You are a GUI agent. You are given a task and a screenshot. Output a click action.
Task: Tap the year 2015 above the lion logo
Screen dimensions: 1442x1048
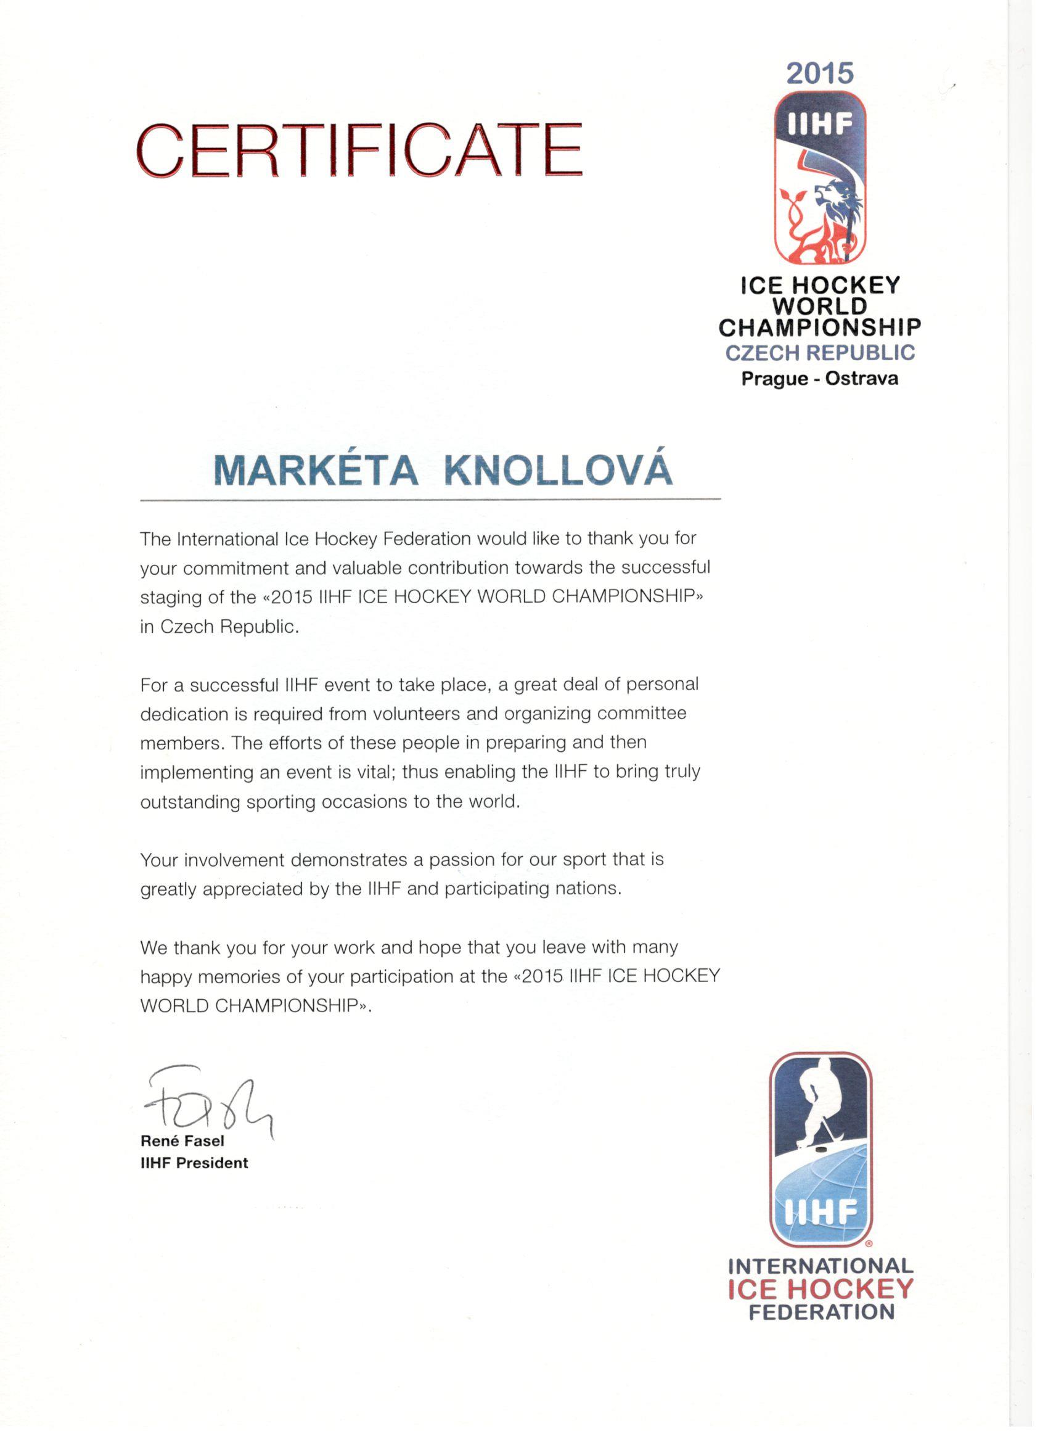click(820, 74)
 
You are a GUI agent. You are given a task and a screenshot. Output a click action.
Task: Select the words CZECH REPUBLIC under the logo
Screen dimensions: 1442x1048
click(820, 353)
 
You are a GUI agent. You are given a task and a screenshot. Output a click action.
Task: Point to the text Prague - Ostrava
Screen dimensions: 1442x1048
click(820, 379)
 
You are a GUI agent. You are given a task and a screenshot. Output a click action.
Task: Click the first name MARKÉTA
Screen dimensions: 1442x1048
click(315, 471)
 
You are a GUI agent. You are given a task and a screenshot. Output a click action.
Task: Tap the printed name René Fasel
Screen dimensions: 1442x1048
click(182, 1141)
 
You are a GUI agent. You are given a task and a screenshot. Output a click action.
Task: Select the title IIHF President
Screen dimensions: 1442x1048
click(194, 1163)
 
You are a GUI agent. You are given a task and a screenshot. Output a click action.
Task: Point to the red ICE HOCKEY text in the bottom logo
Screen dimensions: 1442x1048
click(820, 1290)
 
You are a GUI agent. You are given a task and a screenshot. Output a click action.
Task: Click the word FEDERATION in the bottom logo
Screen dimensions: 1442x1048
click(821, 1312)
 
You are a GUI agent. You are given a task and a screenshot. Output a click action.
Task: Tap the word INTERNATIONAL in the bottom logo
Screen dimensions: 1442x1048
click(821, 1266)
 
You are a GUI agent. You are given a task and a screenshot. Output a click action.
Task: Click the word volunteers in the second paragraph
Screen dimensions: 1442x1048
click(416, 714)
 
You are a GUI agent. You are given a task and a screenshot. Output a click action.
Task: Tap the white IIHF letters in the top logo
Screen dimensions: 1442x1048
click(820, 125)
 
